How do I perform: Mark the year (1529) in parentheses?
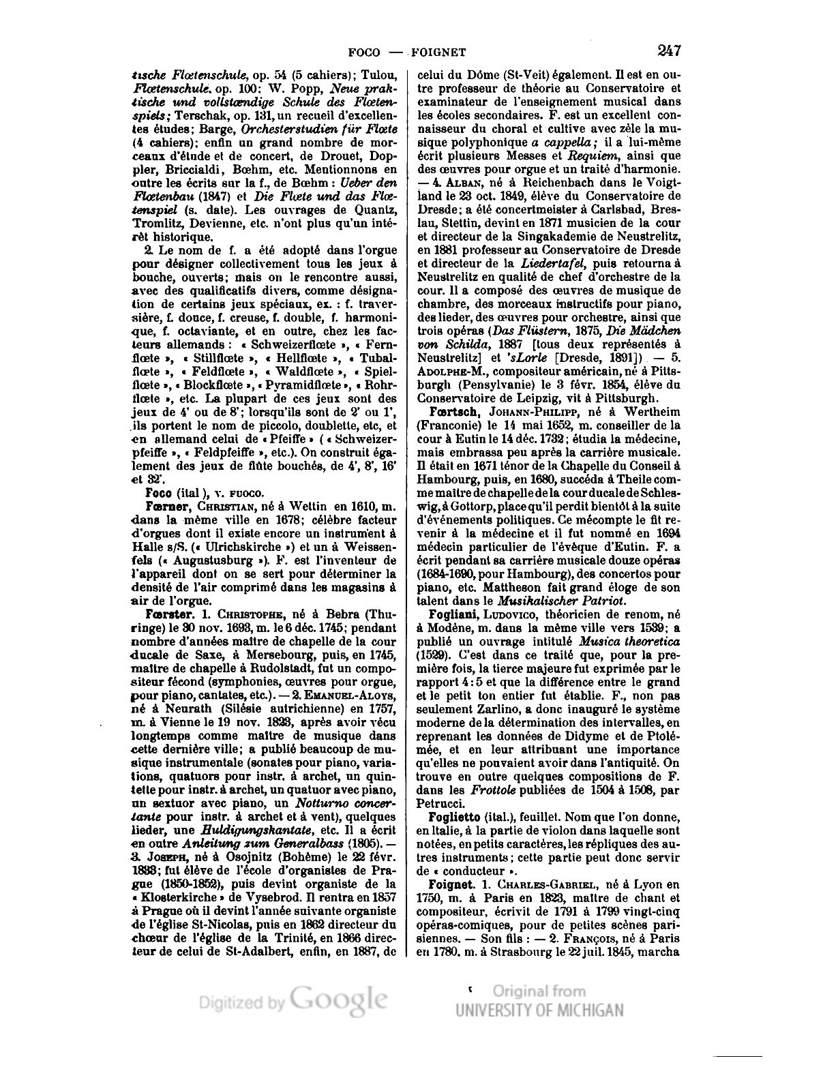click(433, 655)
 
